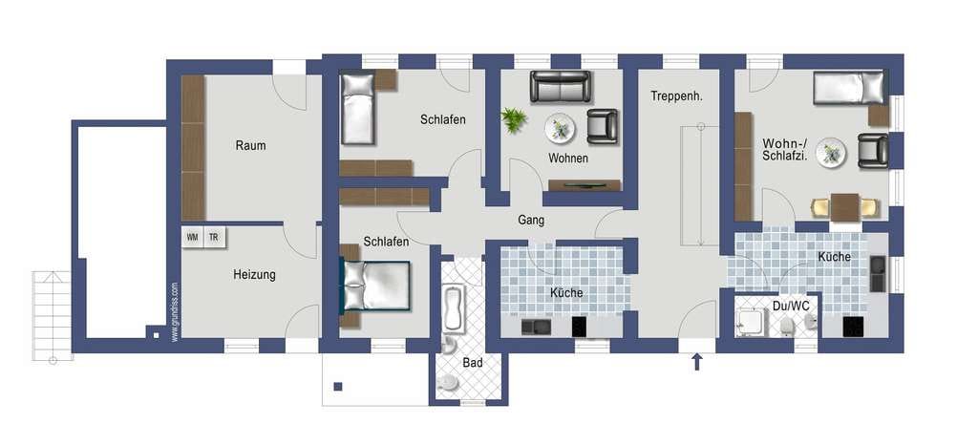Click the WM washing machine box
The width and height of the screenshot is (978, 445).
[193, 238]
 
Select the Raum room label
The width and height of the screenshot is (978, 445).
[250, 146]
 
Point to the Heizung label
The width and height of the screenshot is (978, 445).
[254, 274]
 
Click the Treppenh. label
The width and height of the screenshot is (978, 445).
[677, 96]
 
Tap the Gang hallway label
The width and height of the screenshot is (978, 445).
[531, 220]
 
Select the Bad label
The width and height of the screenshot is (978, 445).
[472, 362]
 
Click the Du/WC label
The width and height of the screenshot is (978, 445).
[786, 306]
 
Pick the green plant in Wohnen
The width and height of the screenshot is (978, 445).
[513, 119]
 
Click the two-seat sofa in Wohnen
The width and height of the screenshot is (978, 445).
[560, 86]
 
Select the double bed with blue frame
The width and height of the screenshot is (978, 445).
[374, 286]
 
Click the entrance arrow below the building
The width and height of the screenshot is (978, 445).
[696, 362]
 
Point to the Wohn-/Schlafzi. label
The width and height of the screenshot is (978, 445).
[785, 150]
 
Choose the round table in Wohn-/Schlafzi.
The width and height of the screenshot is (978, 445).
[831, 152]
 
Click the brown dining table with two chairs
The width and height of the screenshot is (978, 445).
[845, 207]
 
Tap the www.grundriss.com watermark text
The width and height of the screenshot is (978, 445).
[175, 311]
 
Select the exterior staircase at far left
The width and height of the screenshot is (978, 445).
[53, 316]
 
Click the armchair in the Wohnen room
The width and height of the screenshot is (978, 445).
[602, 126]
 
